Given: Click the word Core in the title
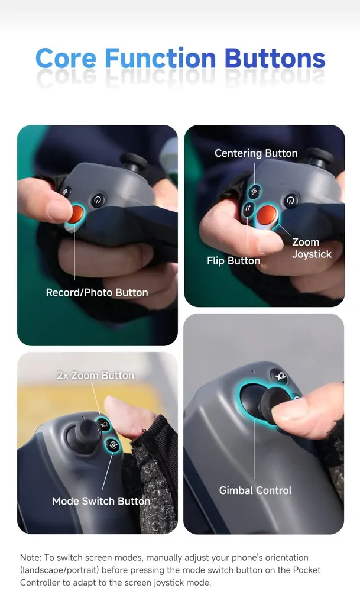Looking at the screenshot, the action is pyautogui.click(x=66, y=59).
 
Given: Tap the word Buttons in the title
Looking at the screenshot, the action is pyautogui.click(x=275, y=59).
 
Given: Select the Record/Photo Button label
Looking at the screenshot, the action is pyautogui.click(x=97, y=292).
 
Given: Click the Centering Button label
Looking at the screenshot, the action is pyautogui.click(x=256, y=153).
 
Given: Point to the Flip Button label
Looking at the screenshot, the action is pyautogui.click(x=233, y=261).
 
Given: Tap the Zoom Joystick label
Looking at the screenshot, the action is pyautogui.click(x=312, y=248).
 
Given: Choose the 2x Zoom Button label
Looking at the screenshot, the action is pyautogui.click(x=95, y=376).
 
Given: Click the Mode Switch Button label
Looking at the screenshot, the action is pyautogui.click(x=101, y=501).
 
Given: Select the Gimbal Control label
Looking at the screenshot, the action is pyautogui.click(x=255, y=490).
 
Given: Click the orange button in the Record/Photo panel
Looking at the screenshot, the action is pyautogui.click(x=76, y=214).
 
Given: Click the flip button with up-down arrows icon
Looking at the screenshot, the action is pyautogui.click(x=248, y=208).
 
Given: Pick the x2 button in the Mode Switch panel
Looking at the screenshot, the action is pyautogui.click(x=104, y=425).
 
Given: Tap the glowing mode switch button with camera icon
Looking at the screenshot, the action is pyautogui.click(x=113, y=445).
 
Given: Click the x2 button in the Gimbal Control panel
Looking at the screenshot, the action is pyautogui.click(x=280, y=376).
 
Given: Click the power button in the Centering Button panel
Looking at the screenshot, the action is pyautogui.click(x=290, y=201).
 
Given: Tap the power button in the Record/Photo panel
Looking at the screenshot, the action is pyautogui.click(x=98, y=200).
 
